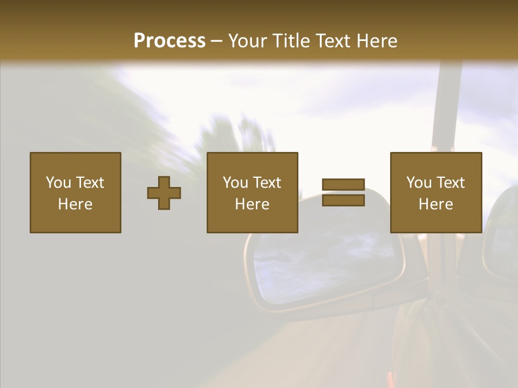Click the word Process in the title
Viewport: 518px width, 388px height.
point(169,41)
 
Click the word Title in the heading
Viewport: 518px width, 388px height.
point(293,41)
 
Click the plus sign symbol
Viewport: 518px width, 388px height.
point(164,193)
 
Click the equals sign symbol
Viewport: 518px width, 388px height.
point(343,192)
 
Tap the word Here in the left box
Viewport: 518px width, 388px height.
point(76,204)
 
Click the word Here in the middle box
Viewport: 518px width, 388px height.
point(253,204)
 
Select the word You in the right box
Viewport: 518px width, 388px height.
point(419,183)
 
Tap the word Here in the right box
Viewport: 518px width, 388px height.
point(436,204)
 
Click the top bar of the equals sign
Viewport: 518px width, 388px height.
point(343,185)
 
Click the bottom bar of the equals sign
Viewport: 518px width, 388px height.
point(343,200)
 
